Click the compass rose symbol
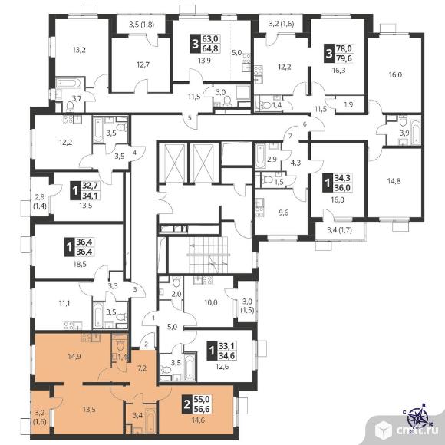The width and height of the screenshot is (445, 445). pos(417,417)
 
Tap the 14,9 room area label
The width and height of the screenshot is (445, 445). pos(75,357)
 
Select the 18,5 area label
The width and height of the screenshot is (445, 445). pos(80,265)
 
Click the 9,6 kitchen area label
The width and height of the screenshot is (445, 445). pos(283,213)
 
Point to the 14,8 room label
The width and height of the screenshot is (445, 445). pos(394,181)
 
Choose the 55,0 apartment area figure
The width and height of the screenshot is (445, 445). pos(202,399)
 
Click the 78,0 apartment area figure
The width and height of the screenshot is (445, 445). pos(344,48)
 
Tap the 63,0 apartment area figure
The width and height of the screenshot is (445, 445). pos(210,39)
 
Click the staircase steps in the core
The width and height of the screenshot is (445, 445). pos(208,255)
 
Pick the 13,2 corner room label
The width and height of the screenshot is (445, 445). pos(79,50)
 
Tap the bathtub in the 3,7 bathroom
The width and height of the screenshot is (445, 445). pos(69,84)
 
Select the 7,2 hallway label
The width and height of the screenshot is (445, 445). pos(142,368)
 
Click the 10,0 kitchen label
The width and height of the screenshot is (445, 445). pos(211,302)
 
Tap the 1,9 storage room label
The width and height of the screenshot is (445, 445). pos(348,104)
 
